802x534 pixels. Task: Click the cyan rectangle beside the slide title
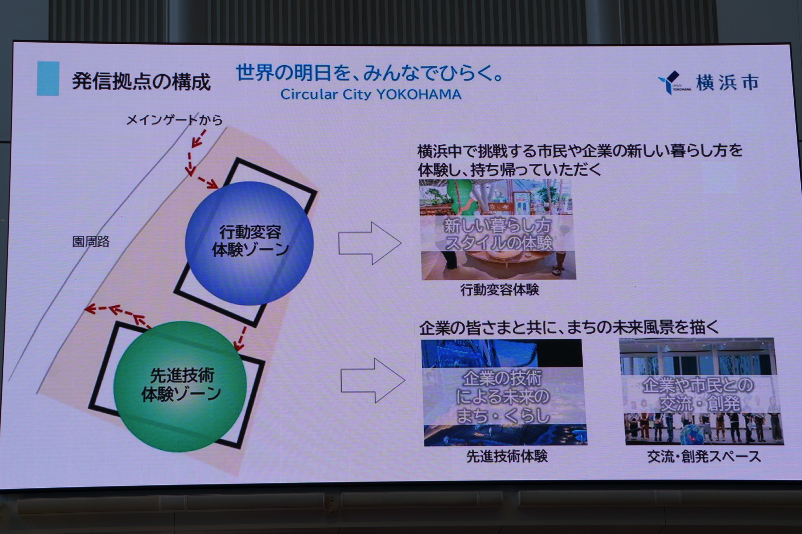coord(48,79)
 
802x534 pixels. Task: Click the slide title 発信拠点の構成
coord(141,81)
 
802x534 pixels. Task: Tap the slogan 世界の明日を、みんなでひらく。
coord(369,73)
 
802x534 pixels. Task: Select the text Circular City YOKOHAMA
coord(371,95)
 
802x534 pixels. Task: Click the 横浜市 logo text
coord(727,83)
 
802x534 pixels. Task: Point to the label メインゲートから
coord(174,120)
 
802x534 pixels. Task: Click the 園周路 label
coord(91,242)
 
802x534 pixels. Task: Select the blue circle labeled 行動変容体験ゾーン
coord(249,243)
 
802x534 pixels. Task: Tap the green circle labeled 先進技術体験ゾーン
coord(180,386)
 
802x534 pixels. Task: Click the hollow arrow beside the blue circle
coord(370,243)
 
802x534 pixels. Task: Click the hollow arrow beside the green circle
coord(372,380)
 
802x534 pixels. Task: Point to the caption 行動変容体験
coord(500,290)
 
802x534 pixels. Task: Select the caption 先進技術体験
coord(507,456)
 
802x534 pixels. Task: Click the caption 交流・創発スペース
coord(704,457)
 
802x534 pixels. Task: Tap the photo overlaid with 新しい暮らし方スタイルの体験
coord(497,230)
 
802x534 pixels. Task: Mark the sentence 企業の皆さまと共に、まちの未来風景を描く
coord(569,328)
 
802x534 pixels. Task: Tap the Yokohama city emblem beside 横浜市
coord(673,82)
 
